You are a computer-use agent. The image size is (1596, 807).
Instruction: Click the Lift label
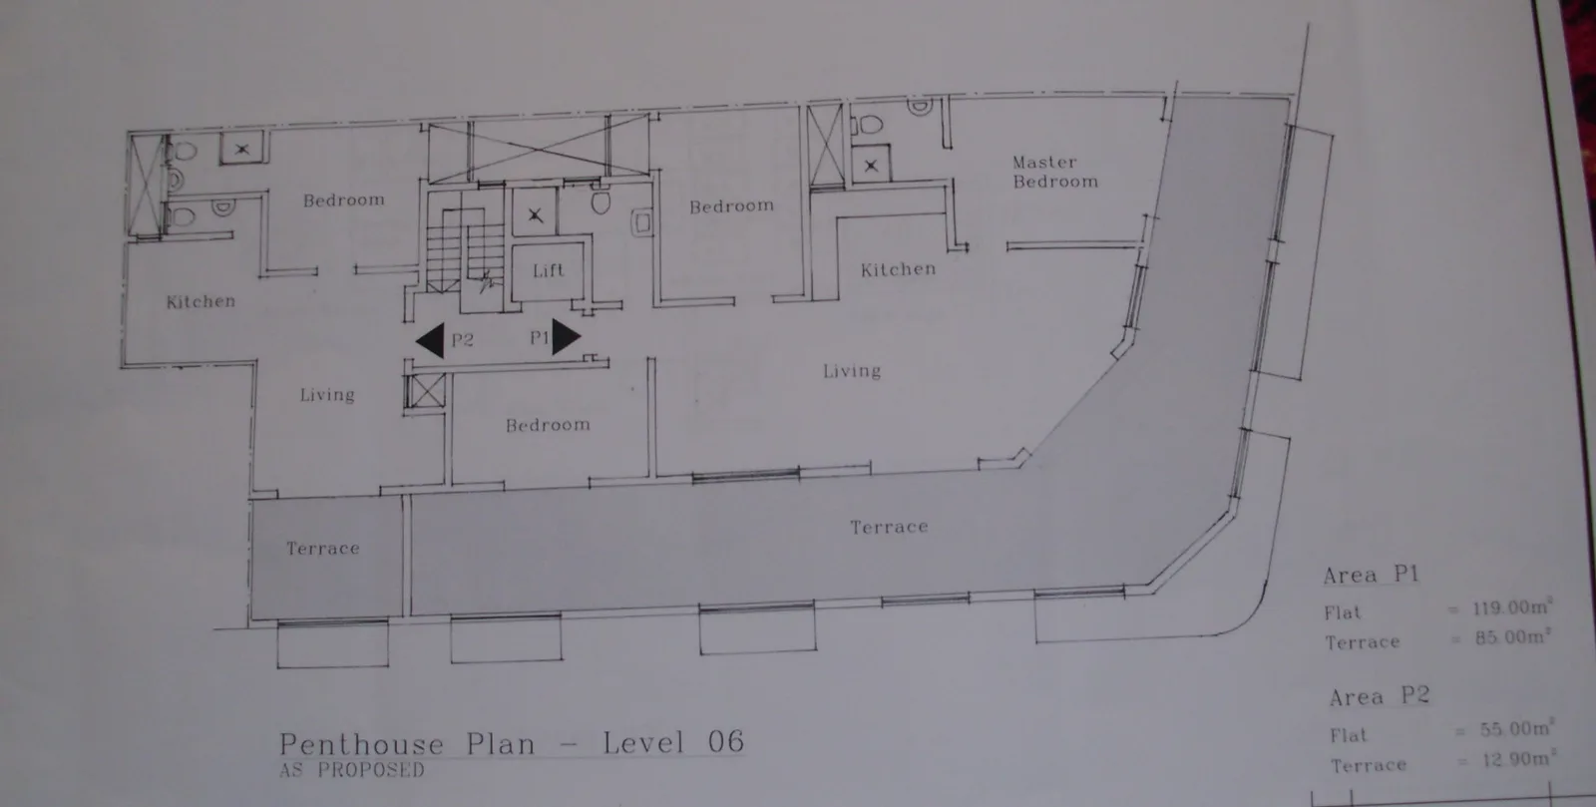coord(548,270)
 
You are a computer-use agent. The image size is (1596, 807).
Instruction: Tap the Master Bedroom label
coord(1055,173)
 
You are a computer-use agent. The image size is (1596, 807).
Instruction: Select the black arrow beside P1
coord(566,337)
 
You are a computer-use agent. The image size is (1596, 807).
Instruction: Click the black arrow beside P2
coord(430,340)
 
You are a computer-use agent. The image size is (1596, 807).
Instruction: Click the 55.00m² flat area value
coord(1516,728)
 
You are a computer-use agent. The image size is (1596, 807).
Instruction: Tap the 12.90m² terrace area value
coord(1518,759)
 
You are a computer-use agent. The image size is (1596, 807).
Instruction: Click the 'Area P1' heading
coord(1371,575)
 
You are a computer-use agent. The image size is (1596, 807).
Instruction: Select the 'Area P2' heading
coord(1380,696)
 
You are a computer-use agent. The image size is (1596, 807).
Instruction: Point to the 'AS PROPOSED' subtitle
coord(352,770)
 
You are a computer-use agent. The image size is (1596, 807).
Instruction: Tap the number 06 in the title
coord(726,742)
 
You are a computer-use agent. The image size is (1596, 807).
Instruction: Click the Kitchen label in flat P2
coord(200,302)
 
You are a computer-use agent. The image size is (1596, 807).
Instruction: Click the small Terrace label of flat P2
coord(323,549)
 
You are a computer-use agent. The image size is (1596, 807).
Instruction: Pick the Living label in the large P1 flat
coord(852,371)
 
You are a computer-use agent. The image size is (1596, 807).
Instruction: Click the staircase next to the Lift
coord(464,250)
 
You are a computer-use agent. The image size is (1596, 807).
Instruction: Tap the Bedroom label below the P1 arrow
coord(548,425)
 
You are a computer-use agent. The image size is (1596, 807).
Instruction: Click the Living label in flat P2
coord(327,395)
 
